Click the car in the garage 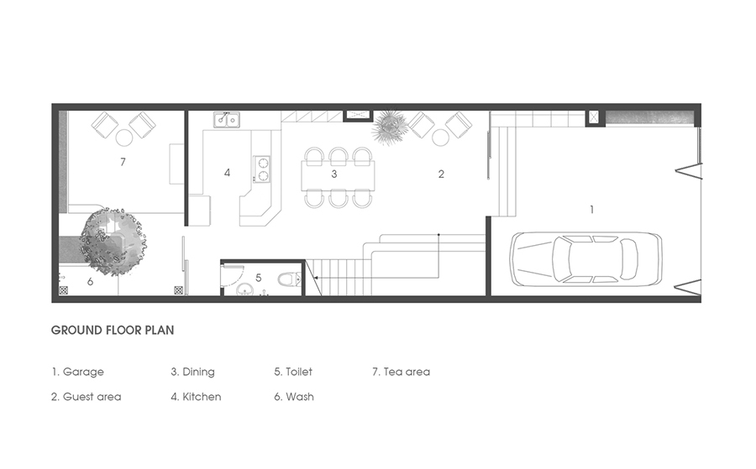586,259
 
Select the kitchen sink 227,119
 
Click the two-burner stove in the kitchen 262,169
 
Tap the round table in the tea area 124,138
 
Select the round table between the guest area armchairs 441,138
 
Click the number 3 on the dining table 333,174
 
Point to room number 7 123,162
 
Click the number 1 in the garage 591,210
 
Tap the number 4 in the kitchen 227,172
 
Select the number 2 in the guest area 441,174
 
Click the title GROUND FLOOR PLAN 113,331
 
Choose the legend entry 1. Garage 77,372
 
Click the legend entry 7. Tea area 401,372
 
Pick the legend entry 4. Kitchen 196,397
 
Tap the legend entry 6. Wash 294,397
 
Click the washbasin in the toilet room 245,289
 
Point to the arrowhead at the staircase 315,278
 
